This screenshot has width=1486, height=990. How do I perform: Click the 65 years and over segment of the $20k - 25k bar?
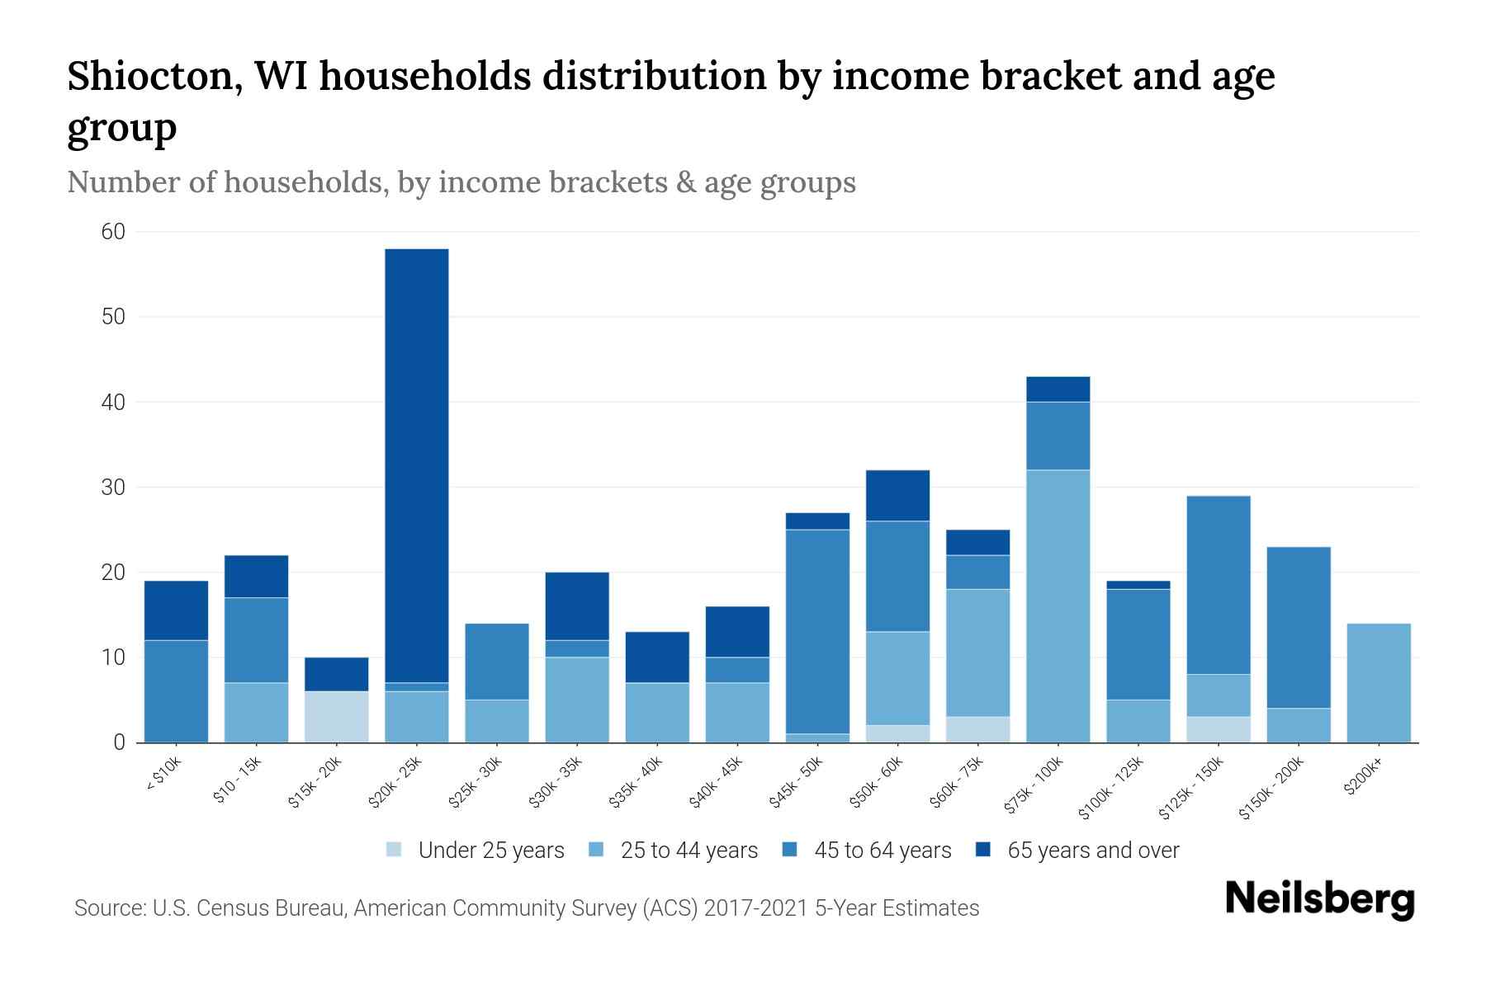tap(417, 466)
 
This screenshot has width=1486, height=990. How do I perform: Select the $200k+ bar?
tap(1379, 683)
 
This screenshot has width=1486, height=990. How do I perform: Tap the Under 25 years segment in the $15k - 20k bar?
tap(337, 717)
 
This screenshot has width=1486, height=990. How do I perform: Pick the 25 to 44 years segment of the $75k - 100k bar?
tap(1058, 606)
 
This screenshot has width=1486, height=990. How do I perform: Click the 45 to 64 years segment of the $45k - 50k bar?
tap(817, 631)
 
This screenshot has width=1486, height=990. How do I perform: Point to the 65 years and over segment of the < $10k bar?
tap(176, 610)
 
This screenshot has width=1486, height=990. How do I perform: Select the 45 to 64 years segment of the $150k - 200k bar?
tap(1299, 627)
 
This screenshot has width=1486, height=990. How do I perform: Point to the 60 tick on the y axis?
tap(113, 232)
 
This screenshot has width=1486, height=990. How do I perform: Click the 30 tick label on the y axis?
tap(113, 488)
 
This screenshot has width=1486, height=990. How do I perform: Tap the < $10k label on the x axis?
tap(164, 775)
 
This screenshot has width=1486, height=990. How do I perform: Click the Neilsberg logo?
tap(1319, 899)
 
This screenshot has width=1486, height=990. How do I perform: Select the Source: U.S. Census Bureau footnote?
tap(526, 908)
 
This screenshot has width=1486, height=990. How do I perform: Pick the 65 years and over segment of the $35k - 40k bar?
tap(657, 657)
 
